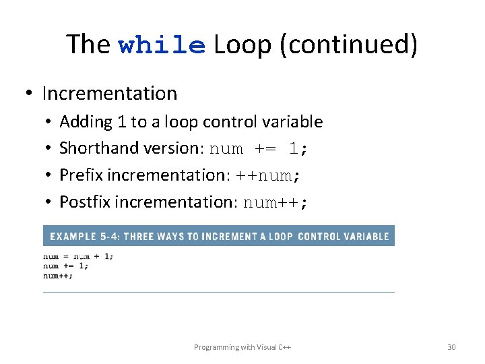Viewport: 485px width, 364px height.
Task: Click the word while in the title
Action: tap(162, 45)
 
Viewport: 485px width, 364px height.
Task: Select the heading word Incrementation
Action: tap(109, 93)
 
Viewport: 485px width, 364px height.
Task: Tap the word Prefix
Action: tap(81, 175)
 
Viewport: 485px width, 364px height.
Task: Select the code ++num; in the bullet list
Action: tap(267, 176)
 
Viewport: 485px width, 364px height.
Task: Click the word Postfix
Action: tap(85, 202)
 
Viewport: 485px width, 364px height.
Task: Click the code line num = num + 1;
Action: tap(78, 256)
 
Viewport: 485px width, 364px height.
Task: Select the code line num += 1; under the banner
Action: tap(66, 266)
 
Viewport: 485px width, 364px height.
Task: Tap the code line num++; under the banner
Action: tap(59, 275)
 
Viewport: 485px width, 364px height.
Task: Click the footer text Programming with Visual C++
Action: tap(242, 347)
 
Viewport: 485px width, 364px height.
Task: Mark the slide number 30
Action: tap(451, 347)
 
